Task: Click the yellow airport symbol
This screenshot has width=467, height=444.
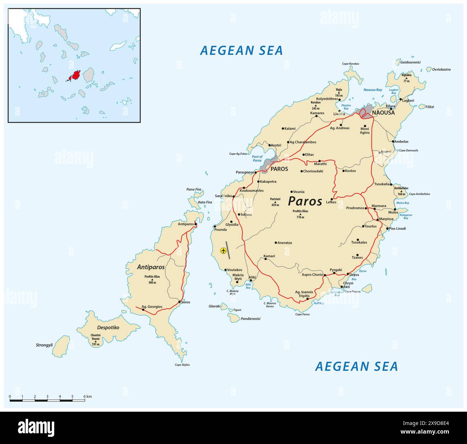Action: pos(223,251)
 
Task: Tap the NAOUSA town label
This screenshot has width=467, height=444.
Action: pos(383,113)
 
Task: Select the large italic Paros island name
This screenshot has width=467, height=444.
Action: pos(305,201)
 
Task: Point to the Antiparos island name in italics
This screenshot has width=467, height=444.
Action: pos(151,267)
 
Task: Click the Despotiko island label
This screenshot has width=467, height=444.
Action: pos(108,328)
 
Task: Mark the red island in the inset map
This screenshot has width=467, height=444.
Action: pos(76,76)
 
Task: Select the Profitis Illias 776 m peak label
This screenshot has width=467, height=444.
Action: pos(300,214)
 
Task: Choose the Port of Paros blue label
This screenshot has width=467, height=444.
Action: pos(257,158)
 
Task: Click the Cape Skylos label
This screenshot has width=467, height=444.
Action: pos(182,365)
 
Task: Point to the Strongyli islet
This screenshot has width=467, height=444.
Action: pos(64,344)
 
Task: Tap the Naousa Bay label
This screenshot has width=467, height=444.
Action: pos(373,90)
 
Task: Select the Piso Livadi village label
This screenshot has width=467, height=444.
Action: pos(397,229)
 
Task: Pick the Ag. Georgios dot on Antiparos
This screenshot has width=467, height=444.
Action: pos(143,309)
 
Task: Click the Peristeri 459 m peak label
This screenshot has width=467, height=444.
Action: pos(275,202)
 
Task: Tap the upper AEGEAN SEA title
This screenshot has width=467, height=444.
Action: pos(241,51)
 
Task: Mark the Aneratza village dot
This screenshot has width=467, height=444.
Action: pos(276,243)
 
